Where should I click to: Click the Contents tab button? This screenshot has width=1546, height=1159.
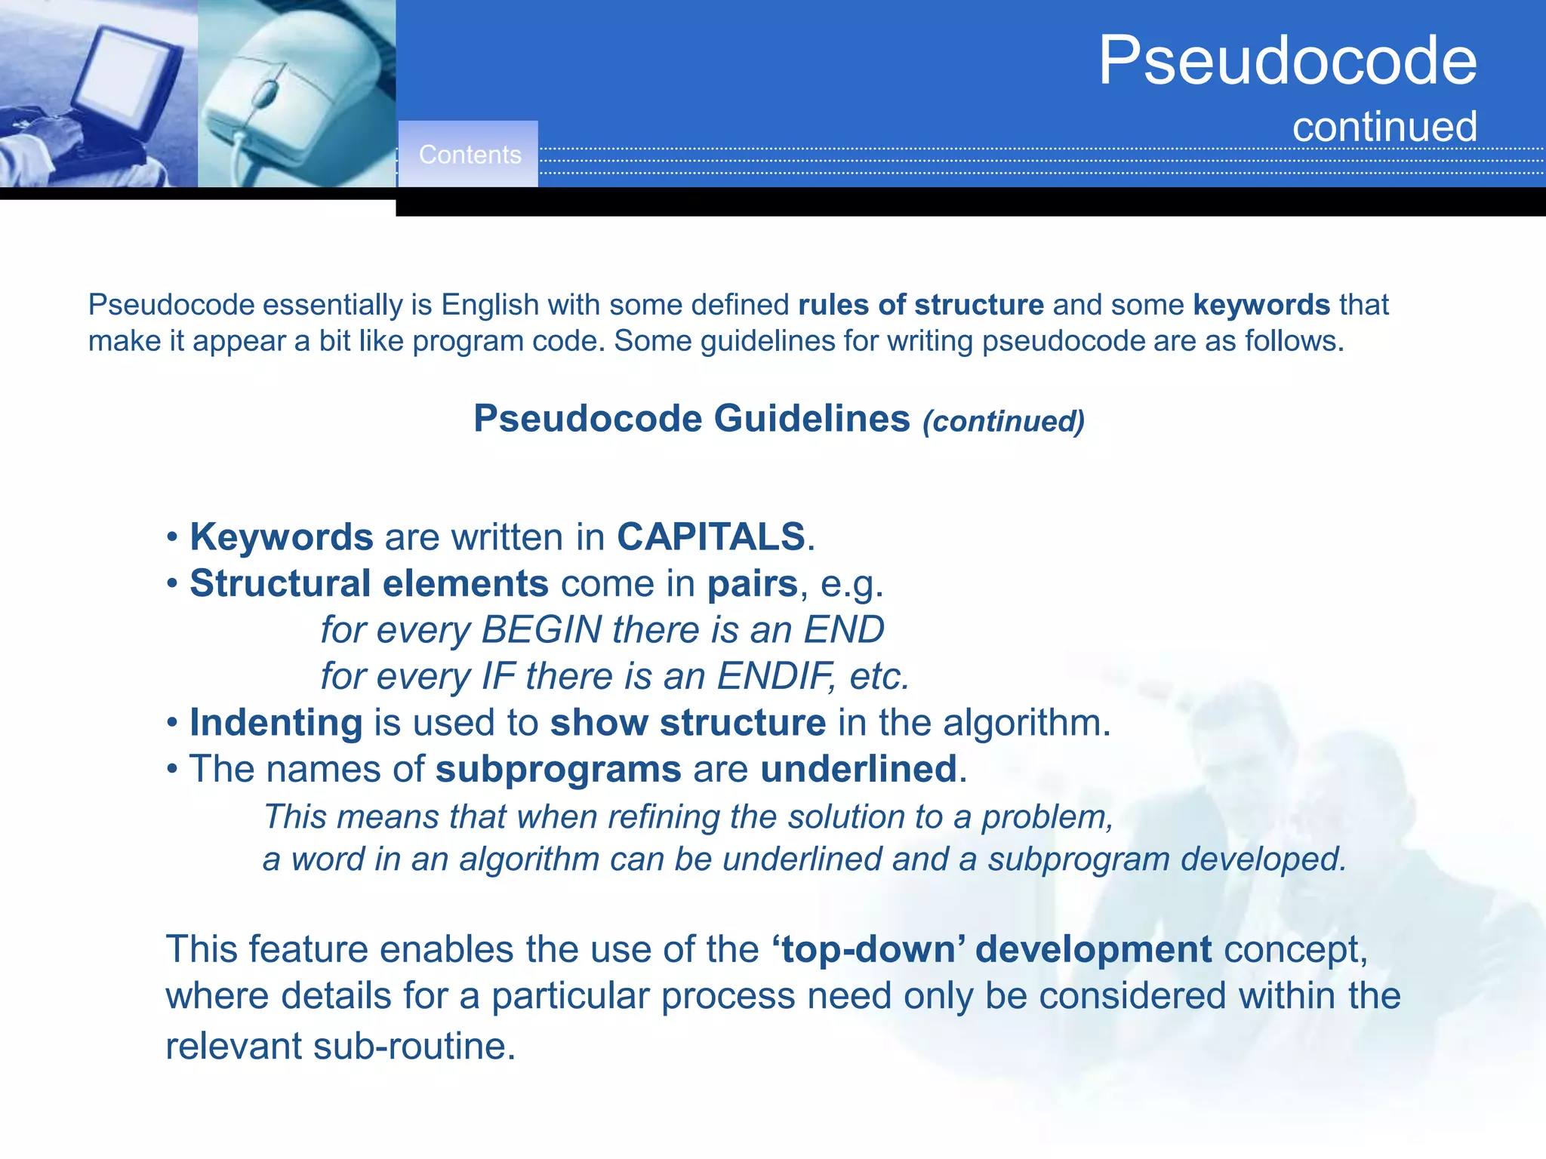[x=469, y=155]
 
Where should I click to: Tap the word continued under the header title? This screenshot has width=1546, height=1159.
[x=1384, y=127]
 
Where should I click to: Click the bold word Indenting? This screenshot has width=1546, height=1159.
[x=276, y=723]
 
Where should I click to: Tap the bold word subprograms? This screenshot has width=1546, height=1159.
[x=559, y=770]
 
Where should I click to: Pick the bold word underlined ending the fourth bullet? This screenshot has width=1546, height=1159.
[x=858, y=770]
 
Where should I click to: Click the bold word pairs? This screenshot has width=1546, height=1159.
[x=753, y=584]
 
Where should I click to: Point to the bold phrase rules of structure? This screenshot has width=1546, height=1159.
[x=921, y=305]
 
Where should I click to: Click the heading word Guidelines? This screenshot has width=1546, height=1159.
[x=811, y=419]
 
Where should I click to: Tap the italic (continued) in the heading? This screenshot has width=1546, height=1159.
[x=1003, y=421]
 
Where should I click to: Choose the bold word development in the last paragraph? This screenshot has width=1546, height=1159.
[x=1093, y=949]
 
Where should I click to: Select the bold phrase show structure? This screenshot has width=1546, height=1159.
[x=688, y=723]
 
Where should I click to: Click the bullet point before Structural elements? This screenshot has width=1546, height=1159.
[x=173, y=584]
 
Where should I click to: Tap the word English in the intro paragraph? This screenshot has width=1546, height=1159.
[x=490, y=305]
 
